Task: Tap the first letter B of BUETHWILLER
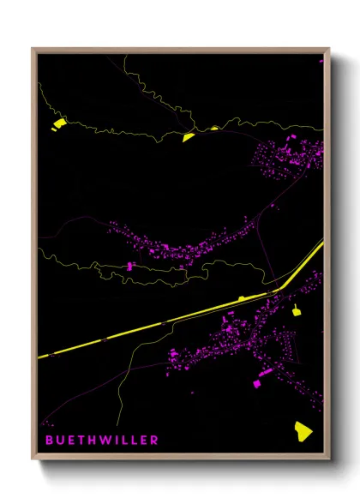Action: click(x=48, y=440)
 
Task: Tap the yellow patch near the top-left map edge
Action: click(x=58, y=124)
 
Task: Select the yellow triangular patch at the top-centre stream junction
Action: click(x=189, y=136)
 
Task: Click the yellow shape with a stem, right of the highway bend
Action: click(x=297, y=310)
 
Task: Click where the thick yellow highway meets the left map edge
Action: click(x=39, y=355)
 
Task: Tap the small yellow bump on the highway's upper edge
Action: click(x=243, y=297)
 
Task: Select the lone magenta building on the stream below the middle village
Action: click(x=130, y=267)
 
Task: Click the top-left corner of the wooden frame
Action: click(x=33, y=50)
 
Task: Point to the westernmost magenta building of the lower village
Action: click(x=172, y=353)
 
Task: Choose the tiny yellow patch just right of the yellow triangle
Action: click(x=214, y=129)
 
